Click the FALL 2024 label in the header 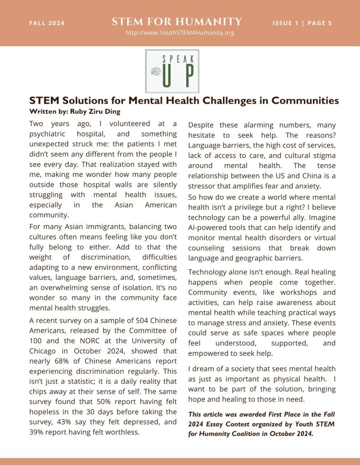coord(47,23)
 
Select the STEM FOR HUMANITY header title coord(177,21)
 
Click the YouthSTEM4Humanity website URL coord(180,33)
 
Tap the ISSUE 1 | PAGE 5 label coord(302,23)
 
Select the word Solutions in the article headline coord(83,101)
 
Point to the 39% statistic coord(36,432)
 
